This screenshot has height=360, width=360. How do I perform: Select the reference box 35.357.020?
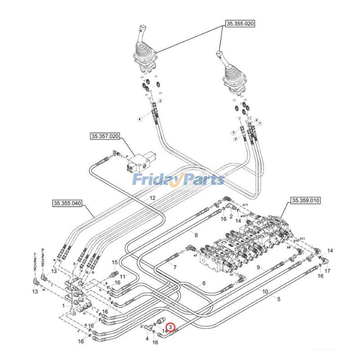point(105,136)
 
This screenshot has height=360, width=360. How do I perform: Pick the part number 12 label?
point(153,198)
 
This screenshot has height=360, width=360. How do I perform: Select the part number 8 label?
point(196,234)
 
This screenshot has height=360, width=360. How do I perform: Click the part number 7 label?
point(175,267)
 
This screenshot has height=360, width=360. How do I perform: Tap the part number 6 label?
point(203,283)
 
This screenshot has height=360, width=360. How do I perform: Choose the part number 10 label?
point(265,292)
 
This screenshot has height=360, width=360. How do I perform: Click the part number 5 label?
point(279,299)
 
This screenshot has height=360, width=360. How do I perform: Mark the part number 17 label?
point(328,271)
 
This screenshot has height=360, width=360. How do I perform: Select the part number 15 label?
point(114,262)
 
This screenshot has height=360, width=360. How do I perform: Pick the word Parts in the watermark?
point(202,180)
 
